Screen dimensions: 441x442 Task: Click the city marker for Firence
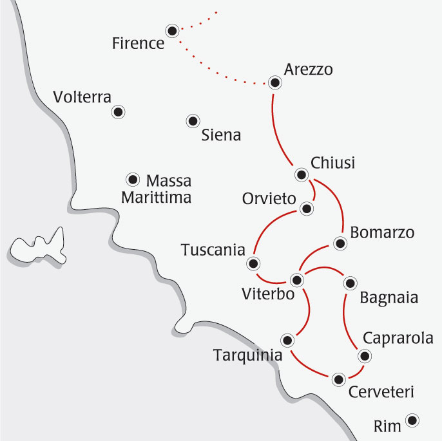point(172,30)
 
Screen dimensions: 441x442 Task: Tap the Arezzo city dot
point(275,82)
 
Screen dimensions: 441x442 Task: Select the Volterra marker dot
point(118,113)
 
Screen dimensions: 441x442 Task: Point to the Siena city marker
point(192,120)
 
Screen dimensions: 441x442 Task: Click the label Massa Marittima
point(157,189)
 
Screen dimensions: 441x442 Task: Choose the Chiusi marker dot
point(301,174)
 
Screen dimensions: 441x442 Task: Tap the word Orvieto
point(269,198)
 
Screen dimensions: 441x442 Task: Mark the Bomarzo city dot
point(340,243)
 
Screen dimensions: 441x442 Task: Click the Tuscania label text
point(213,249)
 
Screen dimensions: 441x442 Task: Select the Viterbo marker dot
point(297,280)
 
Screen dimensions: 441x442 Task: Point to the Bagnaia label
point(389,298)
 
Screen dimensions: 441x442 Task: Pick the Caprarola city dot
point(365,356)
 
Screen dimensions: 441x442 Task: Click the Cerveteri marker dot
point(338,379)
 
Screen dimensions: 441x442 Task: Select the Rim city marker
point(412,420)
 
